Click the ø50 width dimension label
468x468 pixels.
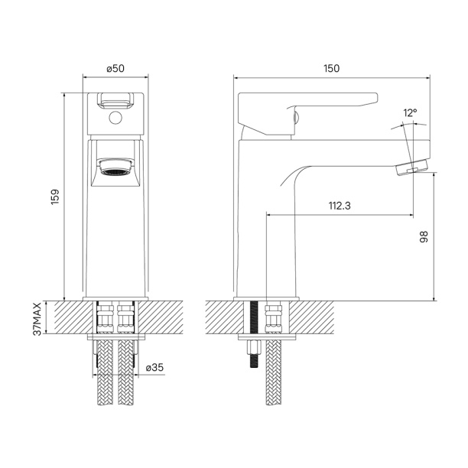click(x=115, y=69)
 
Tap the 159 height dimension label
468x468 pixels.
click(x=55, y=197)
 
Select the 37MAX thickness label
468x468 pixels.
click(x=37, y=319)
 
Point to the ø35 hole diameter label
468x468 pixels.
click(x=155, y=367)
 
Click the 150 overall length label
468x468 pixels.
click(x=332, y=69)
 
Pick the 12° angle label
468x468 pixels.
click(x=411, y=113)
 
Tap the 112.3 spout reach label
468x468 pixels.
click(x=340, y=206)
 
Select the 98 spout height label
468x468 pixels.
click(x=424, y=237)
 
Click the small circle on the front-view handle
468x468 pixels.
click(x=115, y=118)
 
